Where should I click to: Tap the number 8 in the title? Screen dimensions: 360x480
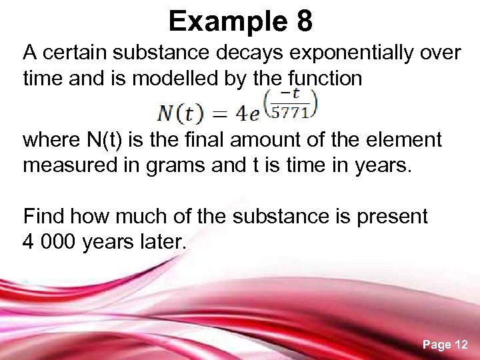304,21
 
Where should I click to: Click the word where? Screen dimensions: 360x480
51,140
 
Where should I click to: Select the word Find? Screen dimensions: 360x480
44,216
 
